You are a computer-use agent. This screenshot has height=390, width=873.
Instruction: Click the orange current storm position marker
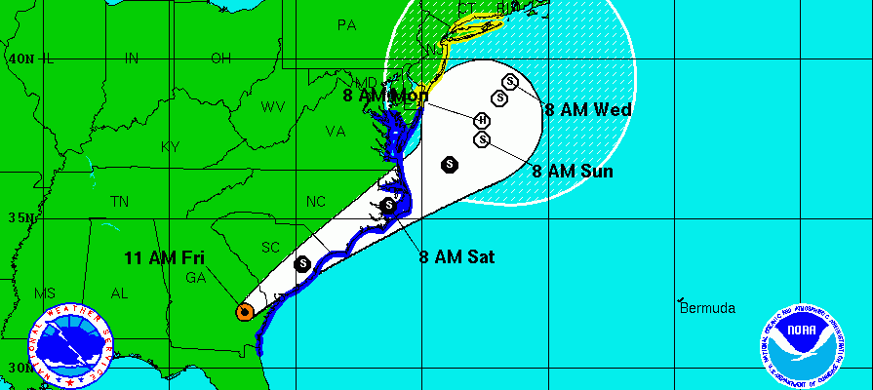pyautogui.click(x=244, y=312)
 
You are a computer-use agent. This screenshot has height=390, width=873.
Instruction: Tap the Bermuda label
pyautogui.click(x=707, y=308)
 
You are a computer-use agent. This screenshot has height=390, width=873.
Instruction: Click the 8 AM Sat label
pyautogui.click(x=457, y=257)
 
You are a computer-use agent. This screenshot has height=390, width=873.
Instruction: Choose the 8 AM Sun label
pyautogui.click(x=573, y=172)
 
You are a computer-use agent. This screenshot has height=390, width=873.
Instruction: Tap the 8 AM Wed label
pyautogui.click(x=588, y=110)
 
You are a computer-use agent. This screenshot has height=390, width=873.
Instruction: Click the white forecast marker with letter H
pyautogui.click(x=482, y=121)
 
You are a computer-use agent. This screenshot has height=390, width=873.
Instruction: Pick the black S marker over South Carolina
pyautogui.click(x=303, y=263)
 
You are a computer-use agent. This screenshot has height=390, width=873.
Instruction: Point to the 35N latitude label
pyautogui.click(x=19, y=216)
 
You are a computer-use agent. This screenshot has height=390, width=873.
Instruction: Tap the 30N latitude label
pyautogui.click(x=19, y=368)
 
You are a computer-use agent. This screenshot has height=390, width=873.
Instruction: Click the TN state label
pyautogui.click(x=120, y=202)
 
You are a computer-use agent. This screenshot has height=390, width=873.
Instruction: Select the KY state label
pyautogui.click(x=172, y=146)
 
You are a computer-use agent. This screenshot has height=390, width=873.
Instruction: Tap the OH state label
pyautogui.click(x=220, y=58)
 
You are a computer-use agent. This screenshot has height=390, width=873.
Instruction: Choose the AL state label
pyautogui.click(x=120, y=292)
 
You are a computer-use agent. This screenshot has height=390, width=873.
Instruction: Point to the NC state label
pyautogui.click(x=316, y=202)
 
